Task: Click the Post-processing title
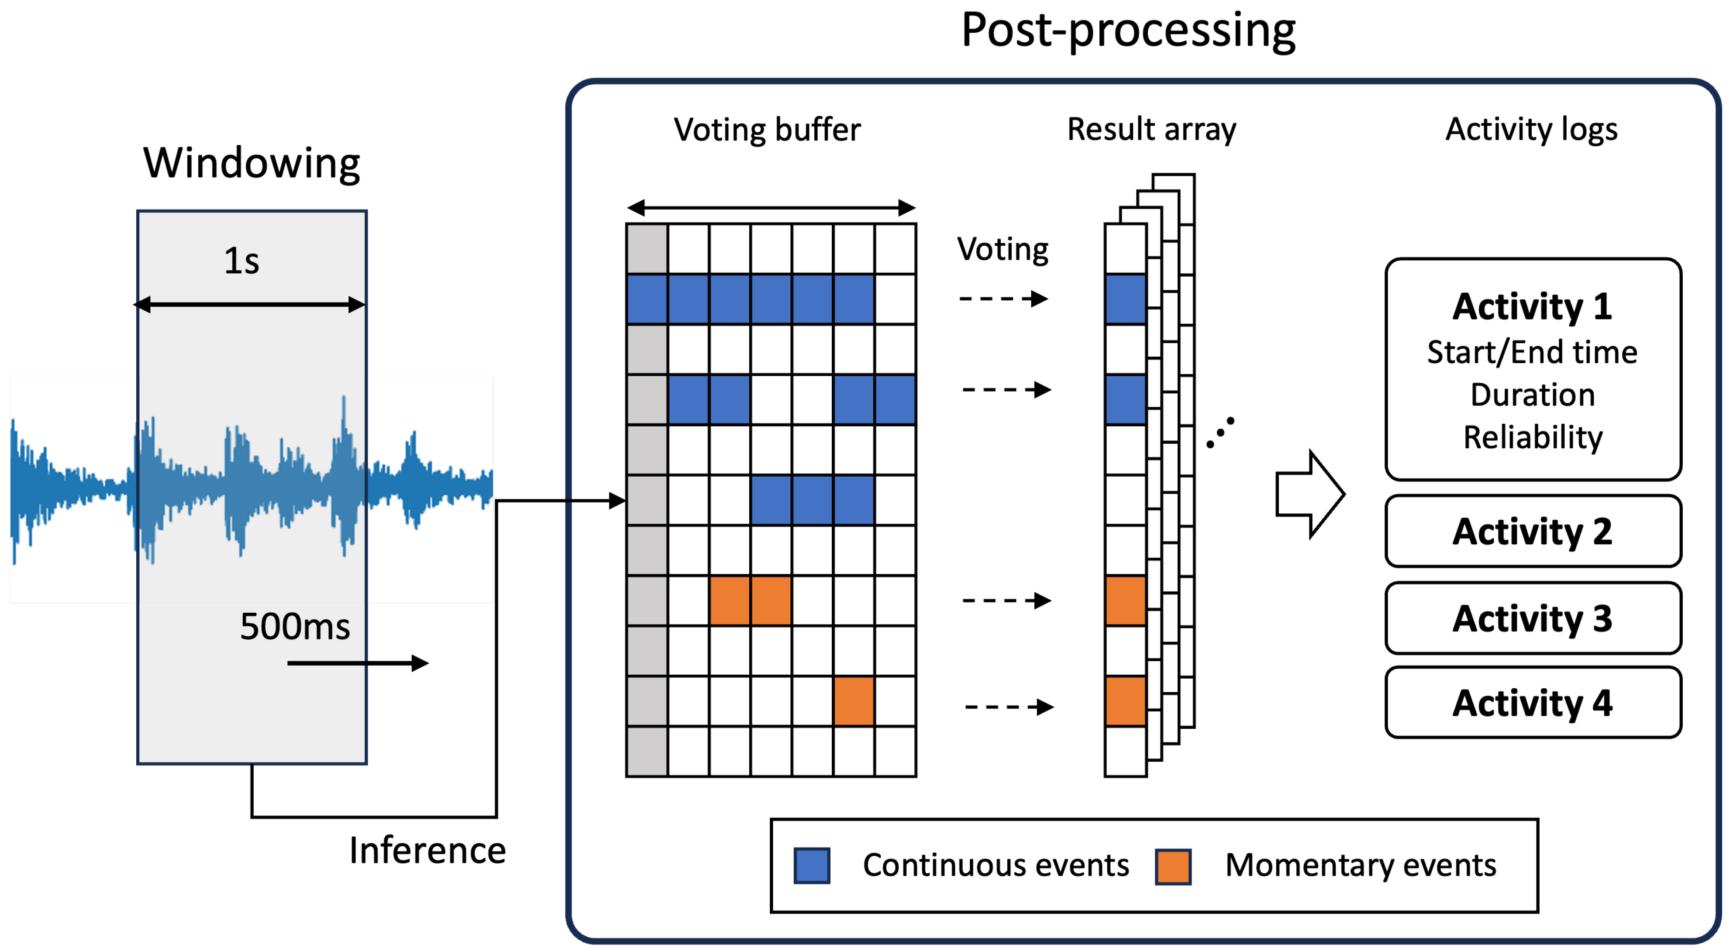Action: [1128, 31]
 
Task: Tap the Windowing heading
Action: [252, 163]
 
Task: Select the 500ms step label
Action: [295, 626]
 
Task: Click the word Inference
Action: [427, 850]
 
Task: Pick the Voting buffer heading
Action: [767, 130]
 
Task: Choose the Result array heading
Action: [1152, 130]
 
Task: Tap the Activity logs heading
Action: [1532, 130]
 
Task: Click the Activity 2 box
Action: [1533, 531]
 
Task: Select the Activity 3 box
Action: [1533, 618]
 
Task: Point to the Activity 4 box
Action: [1533, 703]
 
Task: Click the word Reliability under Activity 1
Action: [1533, 438]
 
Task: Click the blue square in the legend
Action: [812, 865]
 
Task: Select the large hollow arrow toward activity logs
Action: [1310, 494]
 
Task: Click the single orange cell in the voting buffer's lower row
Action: [854, 701]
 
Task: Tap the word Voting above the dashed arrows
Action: [1003, 250]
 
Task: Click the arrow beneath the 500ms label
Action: [358, 663]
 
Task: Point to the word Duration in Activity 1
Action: [1533, 395]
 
